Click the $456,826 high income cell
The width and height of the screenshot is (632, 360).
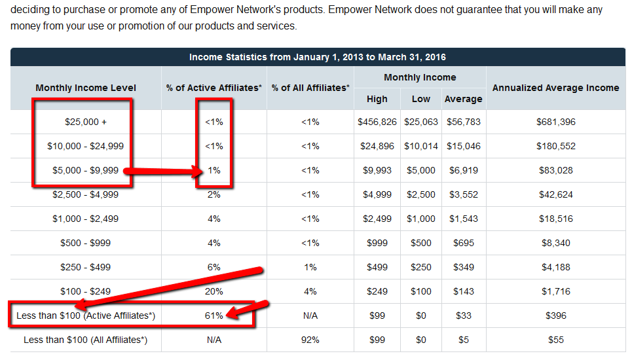click(377, 122)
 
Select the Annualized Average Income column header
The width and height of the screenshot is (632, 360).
click(555, 88)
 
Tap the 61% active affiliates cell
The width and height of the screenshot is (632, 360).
click(214, 315)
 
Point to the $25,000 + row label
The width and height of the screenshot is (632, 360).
click(86, 122)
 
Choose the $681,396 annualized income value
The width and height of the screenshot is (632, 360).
click(555, 122)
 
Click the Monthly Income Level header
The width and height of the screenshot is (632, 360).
click(86, 88)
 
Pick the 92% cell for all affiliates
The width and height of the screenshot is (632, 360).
click(310, 340)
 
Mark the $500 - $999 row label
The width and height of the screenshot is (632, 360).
click(86, 243)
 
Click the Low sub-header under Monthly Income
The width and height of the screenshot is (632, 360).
click(420, 99)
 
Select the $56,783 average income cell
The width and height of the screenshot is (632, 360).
click(464, 122)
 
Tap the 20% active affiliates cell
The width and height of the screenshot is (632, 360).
click(214, 291)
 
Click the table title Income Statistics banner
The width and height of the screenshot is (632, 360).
click(318, 57)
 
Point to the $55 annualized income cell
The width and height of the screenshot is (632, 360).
click(555, 340)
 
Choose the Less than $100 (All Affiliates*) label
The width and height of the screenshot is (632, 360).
click(86, 340)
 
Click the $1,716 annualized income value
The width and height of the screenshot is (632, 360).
click(555, 291)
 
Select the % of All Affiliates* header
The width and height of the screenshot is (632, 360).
click(310, 88)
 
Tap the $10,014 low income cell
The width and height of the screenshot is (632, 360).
click(420, 146)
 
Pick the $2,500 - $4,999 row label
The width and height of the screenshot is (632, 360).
click(86, 194)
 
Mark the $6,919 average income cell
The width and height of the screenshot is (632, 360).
click(464, 170)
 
